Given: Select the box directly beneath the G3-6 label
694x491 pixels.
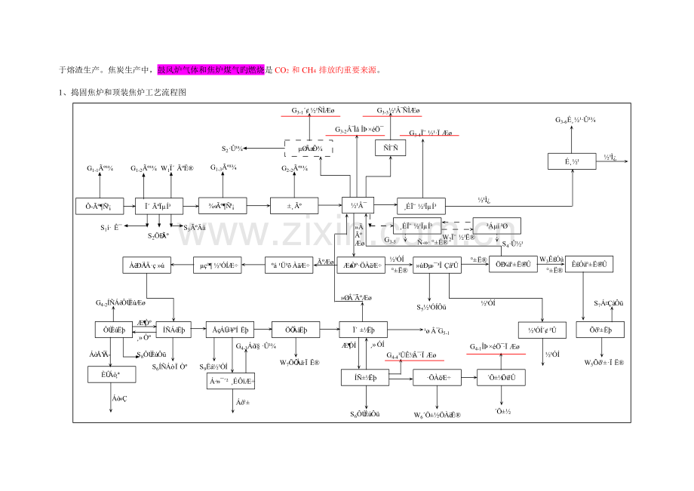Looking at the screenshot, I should pyautogui.click(x=573, y=160).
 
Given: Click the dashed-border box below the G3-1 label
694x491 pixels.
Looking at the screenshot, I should pyautogui.click(x=309, y=148).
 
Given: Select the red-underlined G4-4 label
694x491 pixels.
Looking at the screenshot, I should pyautogui.click(x=412, y=354).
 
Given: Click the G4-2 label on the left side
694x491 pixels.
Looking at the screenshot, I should pyautogui.click(x=115, y=302).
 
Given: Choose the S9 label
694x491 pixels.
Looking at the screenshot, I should pyautogui.click(x=214, y=367).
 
